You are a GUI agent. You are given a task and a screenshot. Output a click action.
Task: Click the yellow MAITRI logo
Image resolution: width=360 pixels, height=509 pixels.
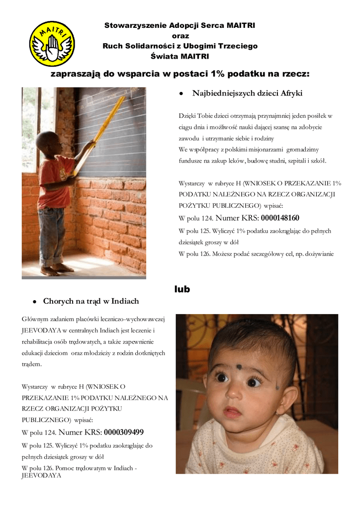click(x=52, y=44)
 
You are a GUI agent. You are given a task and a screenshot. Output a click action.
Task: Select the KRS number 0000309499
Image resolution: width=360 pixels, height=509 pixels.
click(x=124, y=432)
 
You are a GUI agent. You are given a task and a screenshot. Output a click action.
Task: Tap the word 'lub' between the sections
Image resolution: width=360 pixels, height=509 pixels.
click(x=182, y=289)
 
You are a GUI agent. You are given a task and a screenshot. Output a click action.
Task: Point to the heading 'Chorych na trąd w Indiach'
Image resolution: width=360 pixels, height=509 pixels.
click(x=91, y=301)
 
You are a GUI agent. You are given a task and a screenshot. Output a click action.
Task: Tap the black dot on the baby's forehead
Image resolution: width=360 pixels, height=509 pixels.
click(x=239, y=367)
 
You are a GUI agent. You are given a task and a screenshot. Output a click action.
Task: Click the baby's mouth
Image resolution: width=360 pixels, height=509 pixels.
click(x=233, y=412)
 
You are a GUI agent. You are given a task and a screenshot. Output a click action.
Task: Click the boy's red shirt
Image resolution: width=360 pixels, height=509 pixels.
click(x=54, y=181)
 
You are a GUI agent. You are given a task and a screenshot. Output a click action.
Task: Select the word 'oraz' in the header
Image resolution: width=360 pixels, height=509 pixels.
click(x=180, y=35)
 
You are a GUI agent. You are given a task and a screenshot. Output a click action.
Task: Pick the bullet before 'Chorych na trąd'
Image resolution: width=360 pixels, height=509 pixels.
click(x=34, y=302)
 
